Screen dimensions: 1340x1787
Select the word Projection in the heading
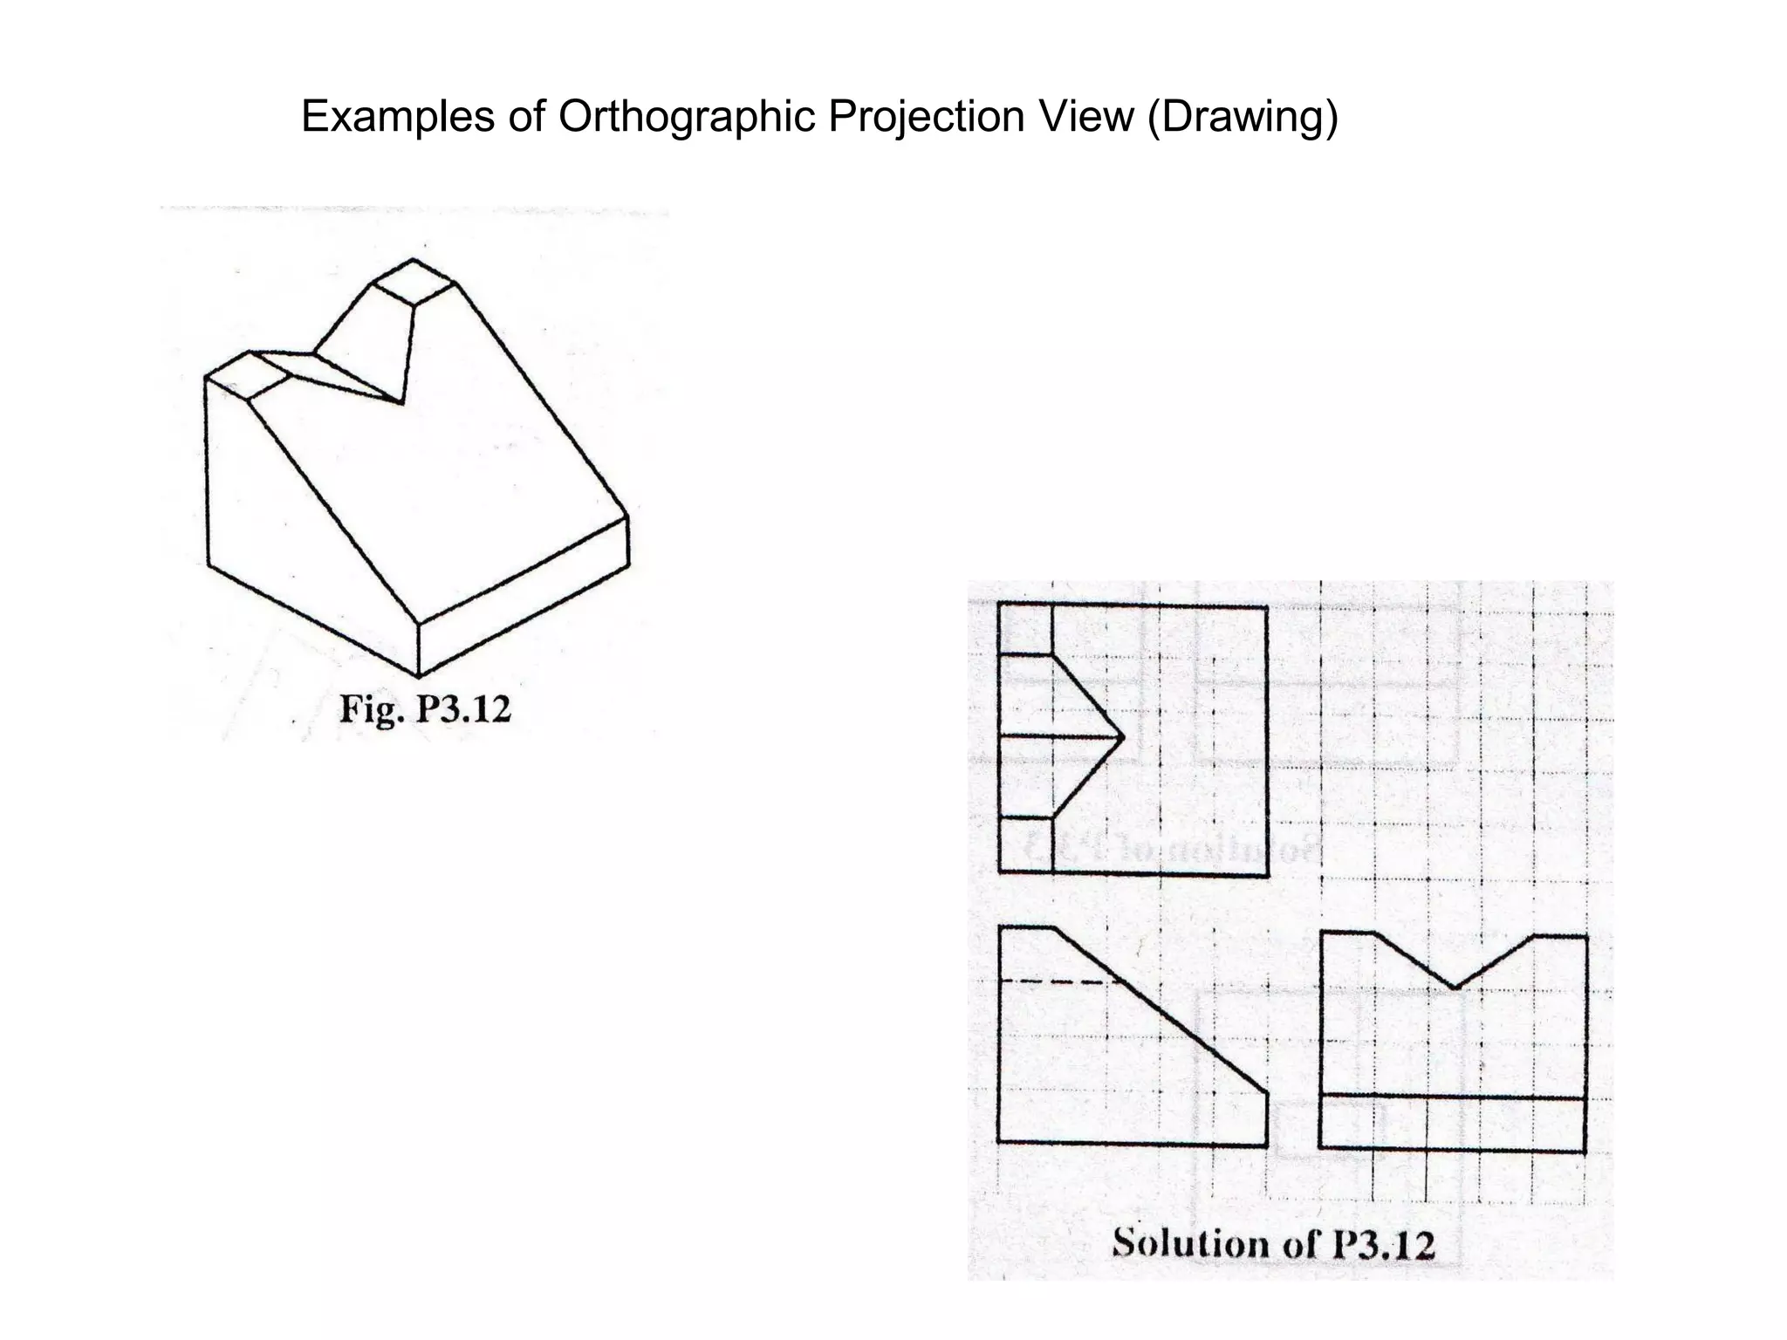pos(925,117)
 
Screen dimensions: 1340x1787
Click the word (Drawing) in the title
pos(1242,117)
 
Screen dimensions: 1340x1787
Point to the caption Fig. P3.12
pos(425,708)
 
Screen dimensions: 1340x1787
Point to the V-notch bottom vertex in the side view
pos(1455,988)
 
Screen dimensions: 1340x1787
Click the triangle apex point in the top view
pos(1120,737)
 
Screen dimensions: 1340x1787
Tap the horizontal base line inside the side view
pos(1453,1097)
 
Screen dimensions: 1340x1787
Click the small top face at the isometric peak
pos(414,282)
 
